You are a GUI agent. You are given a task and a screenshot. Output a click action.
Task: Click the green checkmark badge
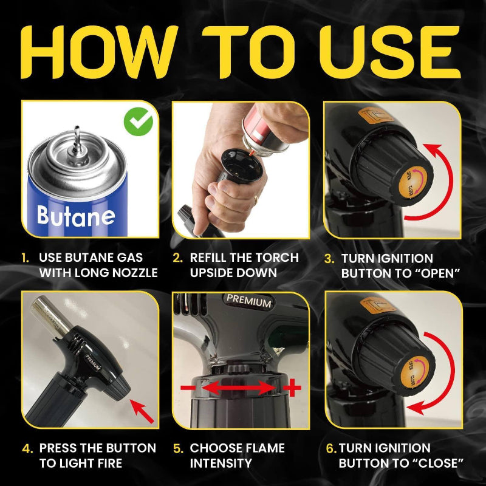(139, 123)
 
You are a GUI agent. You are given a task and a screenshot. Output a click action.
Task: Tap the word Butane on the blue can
(75, 215)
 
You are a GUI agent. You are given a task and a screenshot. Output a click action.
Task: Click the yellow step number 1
(26, 258)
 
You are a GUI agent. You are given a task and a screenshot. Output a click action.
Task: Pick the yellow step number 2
(177, 258)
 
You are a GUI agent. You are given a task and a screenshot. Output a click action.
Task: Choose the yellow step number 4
(27, 448)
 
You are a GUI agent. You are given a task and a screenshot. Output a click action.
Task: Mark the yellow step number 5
(178, 448)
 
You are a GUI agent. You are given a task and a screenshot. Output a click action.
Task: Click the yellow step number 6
(330, 448)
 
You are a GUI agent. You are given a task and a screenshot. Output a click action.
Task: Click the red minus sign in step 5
(190, 388)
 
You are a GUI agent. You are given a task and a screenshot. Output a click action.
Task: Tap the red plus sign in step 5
(293, 386)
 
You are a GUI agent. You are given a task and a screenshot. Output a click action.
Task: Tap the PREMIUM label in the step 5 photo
(249, 299)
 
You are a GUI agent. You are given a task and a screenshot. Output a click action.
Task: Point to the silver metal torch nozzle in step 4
(48, 314)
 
